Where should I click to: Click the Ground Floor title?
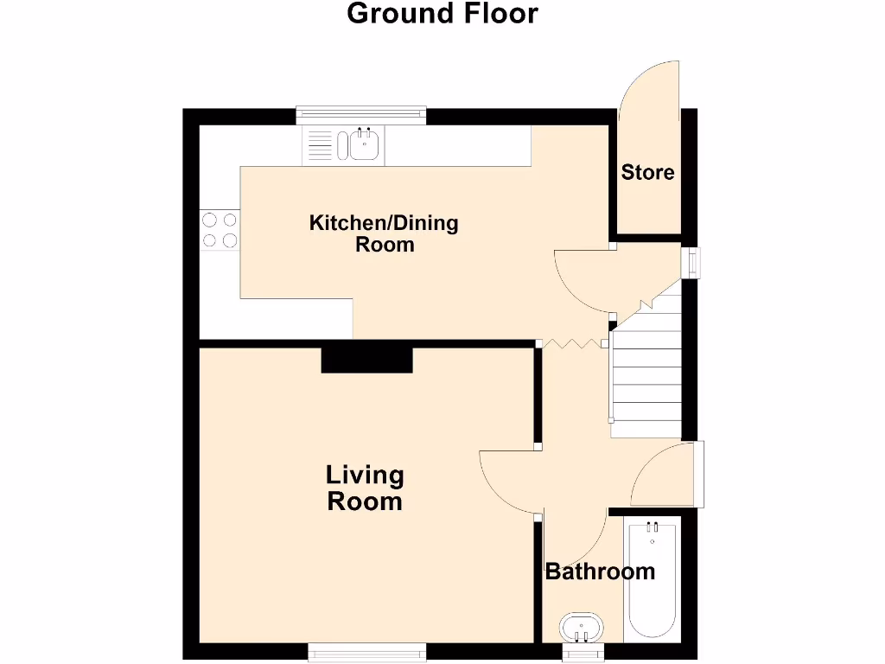[x=442, y=14]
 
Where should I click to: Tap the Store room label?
[x=647, y=172]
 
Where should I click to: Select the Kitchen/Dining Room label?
[x=384, y=233]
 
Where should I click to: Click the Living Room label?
[x=365, y=488]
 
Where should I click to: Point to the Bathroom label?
[x=599, y=571]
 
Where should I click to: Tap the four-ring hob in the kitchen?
[x=220, y=230]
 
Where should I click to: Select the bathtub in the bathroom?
[x=653, y=579]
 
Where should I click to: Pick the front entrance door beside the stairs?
[x=665, y=476]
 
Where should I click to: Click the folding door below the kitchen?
[x=573, y=344]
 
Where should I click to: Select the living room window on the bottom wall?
[x=367, y=653]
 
